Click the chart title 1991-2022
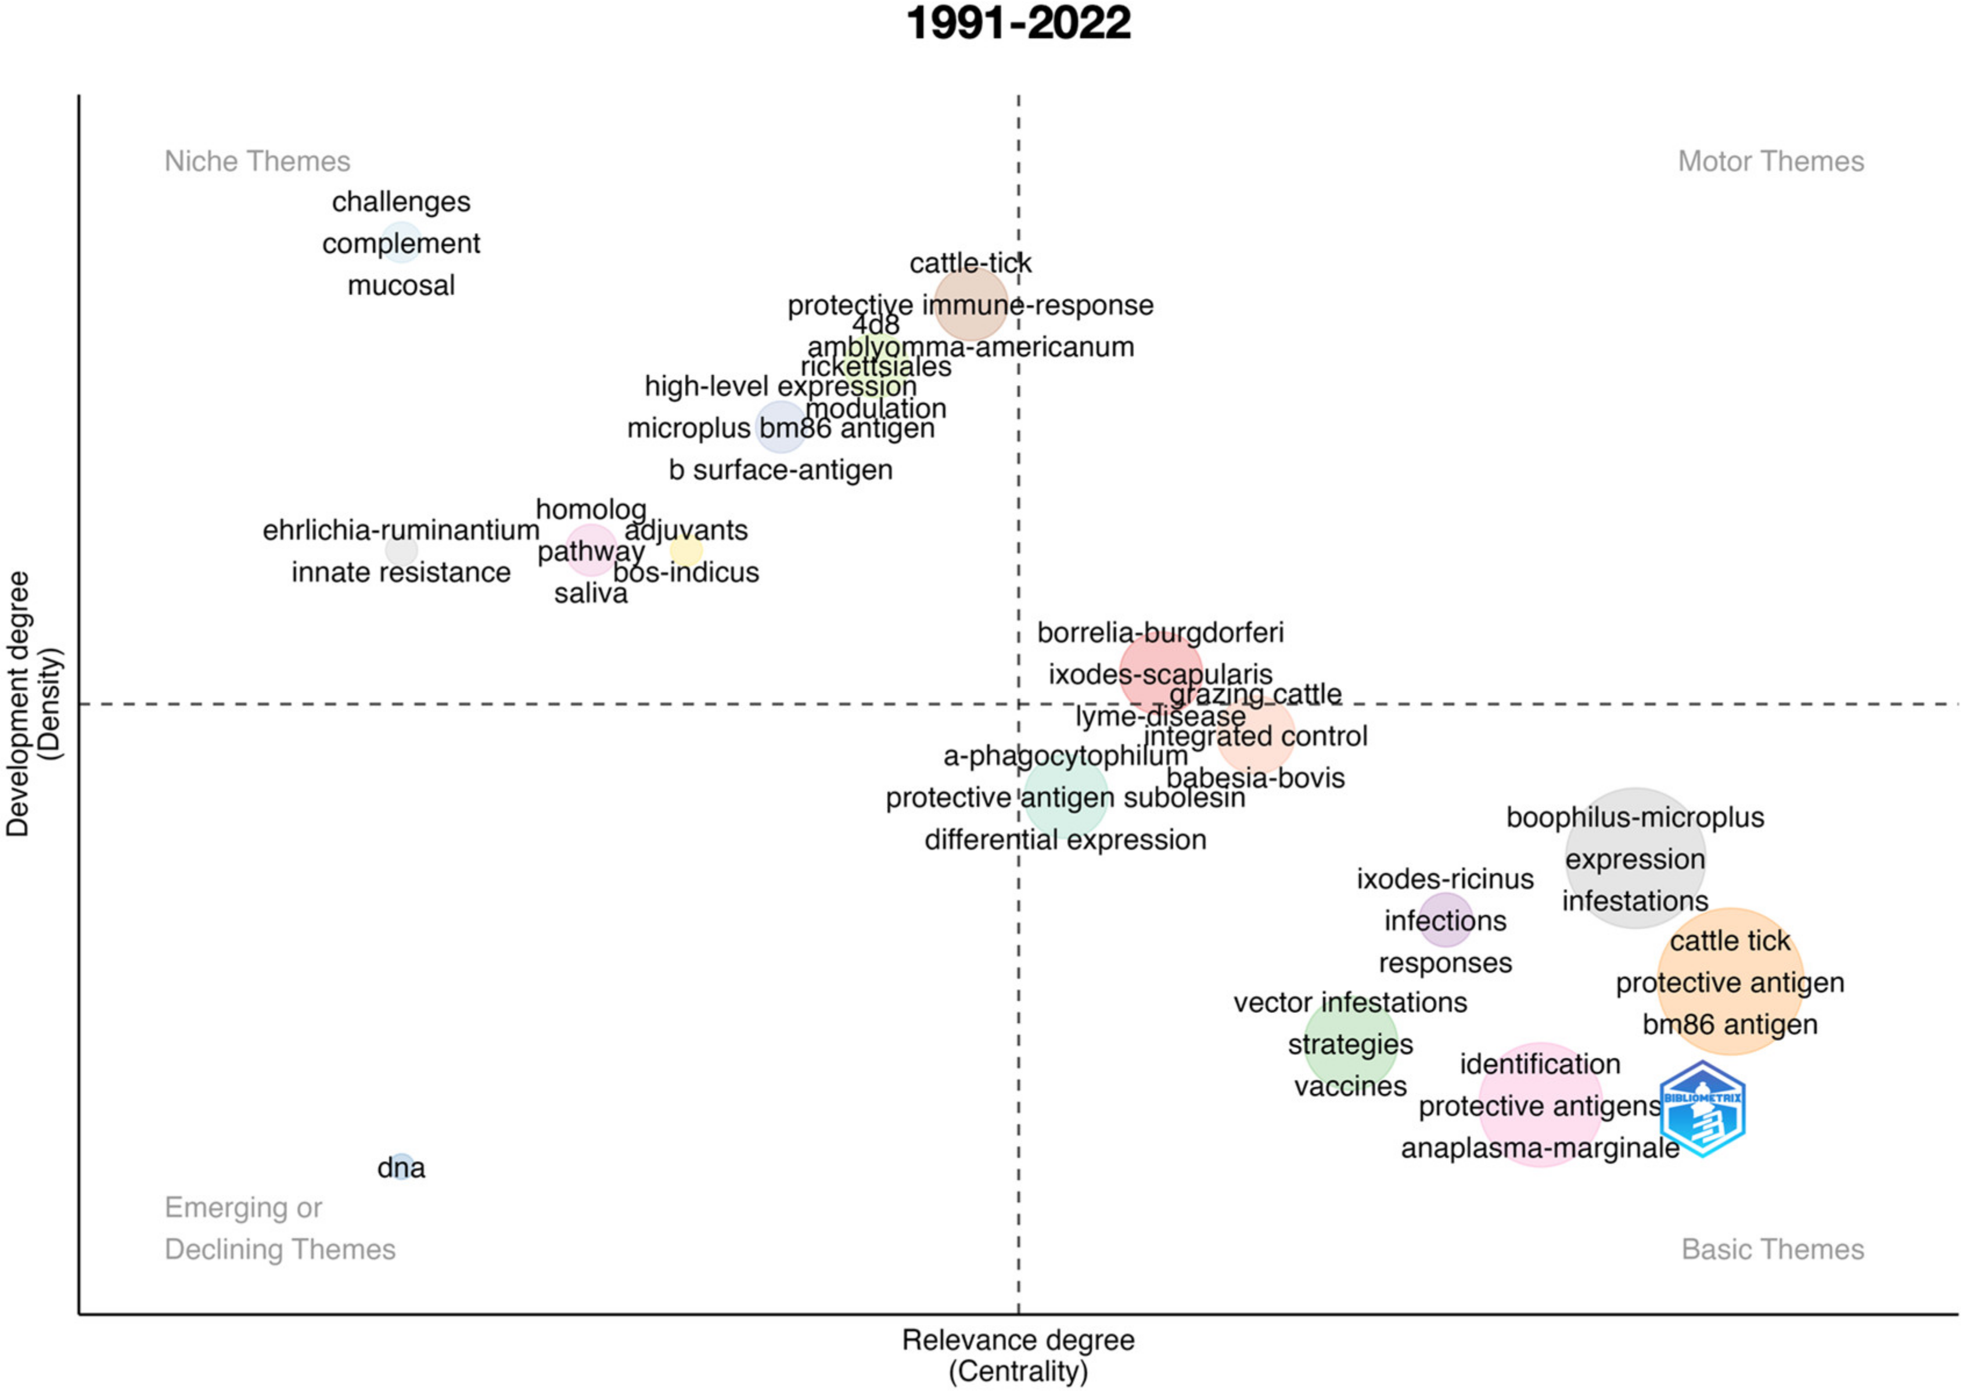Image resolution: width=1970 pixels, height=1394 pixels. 1018,23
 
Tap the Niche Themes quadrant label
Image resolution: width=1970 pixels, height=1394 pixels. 257,161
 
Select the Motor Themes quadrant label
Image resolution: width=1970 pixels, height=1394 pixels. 1770,161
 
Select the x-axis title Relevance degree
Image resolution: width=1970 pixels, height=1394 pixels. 1018,1340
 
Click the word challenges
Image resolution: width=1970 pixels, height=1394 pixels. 401,202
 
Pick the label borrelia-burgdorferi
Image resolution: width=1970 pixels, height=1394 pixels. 1160,633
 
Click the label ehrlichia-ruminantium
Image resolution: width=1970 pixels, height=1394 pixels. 401,530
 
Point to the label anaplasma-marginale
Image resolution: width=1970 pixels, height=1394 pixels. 1540,1148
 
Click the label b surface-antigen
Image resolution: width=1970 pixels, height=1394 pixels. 780,470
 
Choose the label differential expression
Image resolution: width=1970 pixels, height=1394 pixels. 1065,839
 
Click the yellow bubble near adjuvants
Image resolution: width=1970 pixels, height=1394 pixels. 686,550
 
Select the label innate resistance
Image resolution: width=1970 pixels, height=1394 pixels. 401,573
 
